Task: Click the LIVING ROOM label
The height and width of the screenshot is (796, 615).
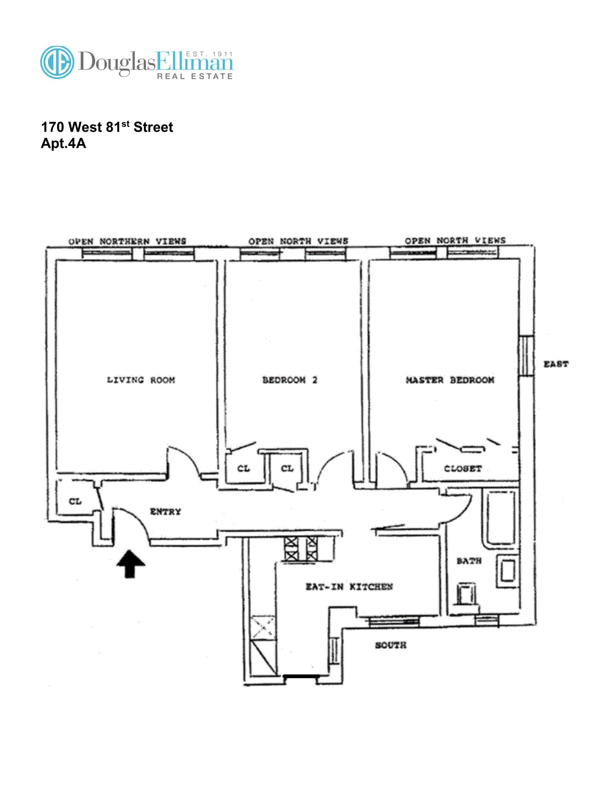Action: tap(141, 380)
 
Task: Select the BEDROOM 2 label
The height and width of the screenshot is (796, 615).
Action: tap(290, 380)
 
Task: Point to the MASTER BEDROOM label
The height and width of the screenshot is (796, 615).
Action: tap(450, 380)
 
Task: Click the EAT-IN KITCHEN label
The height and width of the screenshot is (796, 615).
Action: tap(349, 587)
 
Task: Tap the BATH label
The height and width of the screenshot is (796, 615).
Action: tap(469, 561)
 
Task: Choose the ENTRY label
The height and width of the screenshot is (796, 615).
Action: tap(165, 512)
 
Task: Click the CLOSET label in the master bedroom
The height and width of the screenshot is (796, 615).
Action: tap(463, 469)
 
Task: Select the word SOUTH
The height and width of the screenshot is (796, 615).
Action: tap(390, 645)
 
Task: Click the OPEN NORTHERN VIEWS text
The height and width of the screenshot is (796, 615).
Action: tap(127, 241)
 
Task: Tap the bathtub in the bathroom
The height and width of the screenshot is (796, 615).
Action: tap(499, 517)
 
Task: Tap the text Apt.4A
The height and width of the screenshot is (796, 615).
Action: tap(63, 143)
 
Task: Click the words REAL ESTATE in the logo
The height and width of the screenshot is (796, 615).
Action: tap(194, 76)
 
